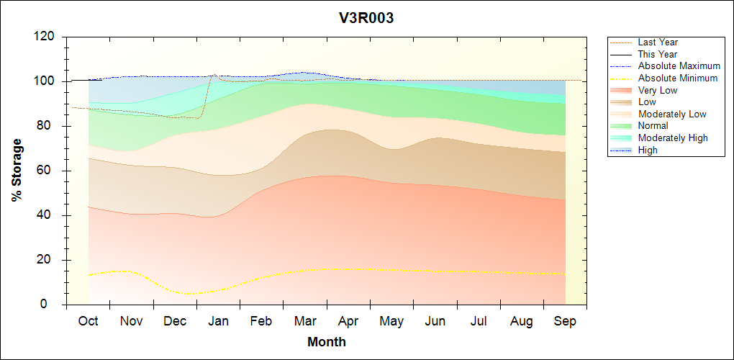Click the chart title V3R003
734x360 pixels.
366,18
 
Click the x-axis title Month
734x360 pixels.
327,341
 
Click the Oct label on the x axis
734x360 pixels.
88,321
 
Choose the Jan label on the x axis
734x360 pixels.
218,321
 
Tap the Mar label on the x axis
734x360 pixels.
305,321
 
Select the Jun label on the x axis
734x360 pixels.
435,321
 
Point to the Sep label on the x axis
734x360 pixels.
565,321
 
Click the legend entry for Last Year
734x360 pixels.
658,42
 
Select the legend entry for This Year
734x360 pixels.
658,54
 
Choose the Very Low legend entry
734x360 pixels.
658,90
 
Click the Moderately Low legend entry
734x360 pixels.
672,114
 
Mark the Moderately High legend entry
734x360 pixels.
673,138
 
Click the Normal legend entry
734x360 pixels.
653,126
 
